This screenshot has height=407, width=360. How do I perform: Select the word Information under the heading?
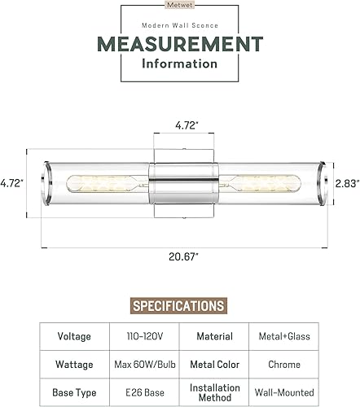click(180, 63)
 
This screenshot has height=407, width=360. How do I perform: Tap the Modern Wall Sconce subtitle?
click(180, 26)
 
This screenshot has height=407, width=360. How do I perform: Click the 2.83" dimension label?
click(346, 183)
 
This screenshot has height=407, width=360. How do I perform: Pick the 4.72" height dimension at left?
click(11, 183)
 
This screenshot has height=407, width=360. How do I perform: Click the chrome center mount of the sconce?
click(184, 183)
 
